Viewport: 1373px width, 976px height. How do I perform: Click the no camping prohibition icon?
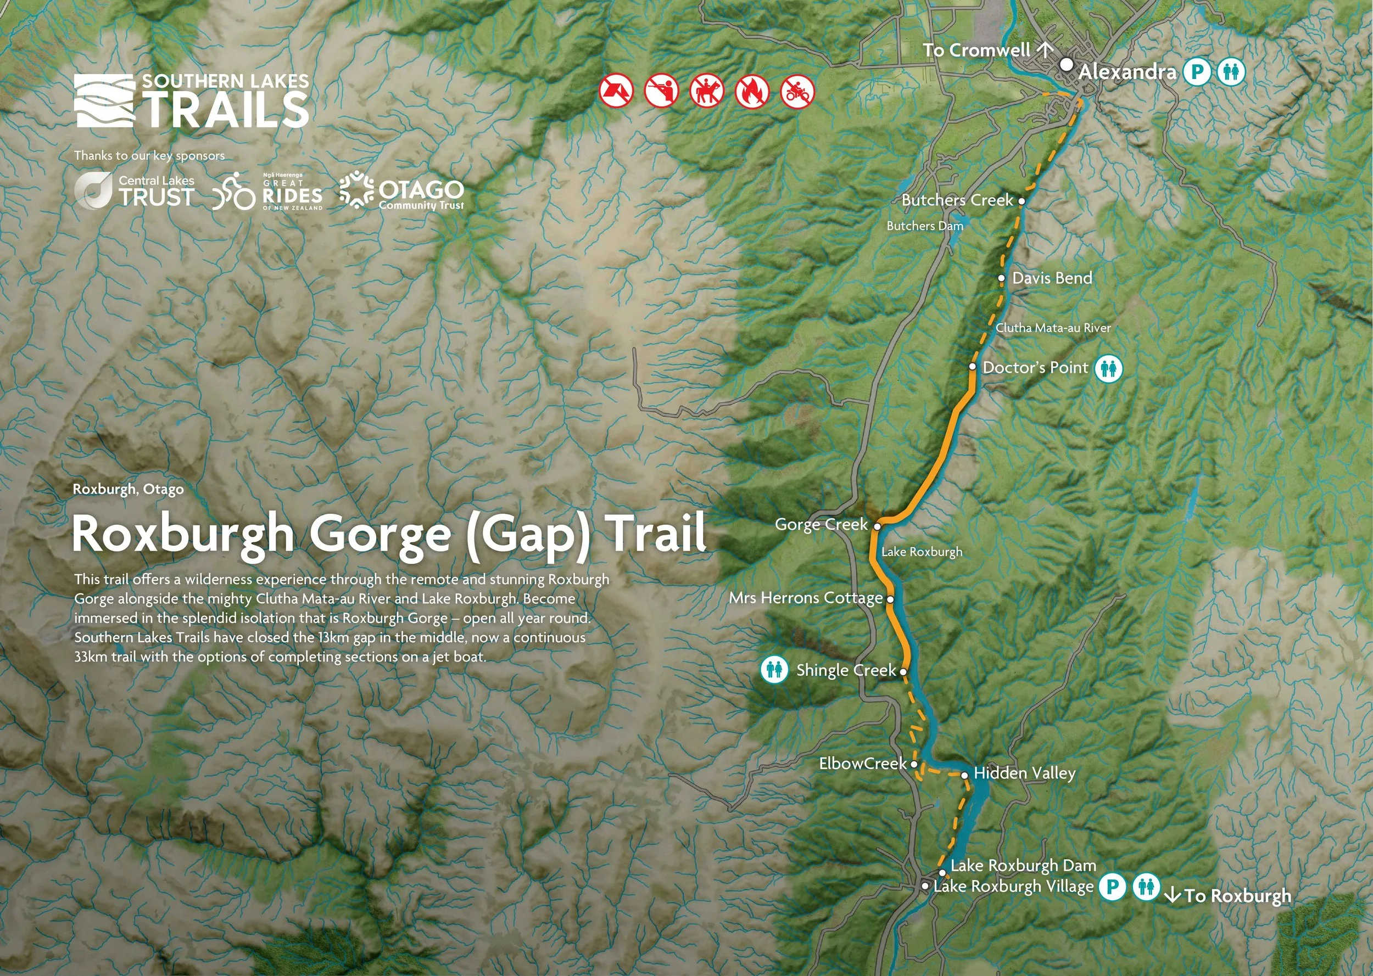(x=616, y=91)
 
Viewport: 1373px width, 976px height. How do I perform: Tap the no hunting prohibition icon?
(x=661, y=91)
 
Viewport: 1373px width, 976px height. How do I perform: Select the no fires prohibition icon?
(x=752, y=91)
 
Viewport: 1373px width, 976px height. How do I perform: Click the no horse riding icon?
(x=706, y=91)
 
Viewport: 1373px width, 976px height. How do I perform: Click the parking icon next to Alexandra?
(x=1196, y=72)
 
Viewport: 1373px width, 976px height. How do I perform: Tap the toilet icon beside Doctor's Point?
(x=1108, y=368)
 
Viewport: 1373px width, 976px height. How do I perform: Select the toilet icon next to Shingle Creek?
(x=774, y=669)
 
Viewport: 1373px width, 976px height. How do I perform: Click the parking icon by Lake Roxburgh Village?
(x=1112, y=887)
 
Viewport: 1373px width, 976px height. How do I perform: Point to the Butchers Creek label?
(x=957, y=200)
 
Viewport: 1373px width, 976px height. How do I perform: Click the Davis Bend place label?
(x=1052, y=278)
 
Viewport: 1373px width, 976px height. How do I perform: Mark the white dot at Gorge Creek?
(x=877, y=526)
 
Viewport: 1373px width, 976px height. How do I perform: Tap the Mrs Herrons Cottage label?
(x=806, y=598)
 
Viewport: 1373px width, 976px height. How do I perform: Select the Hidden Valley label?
(x=1024, y=773)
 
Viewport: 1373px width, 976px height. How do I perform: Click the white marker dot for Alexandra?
(x=1066, y=64)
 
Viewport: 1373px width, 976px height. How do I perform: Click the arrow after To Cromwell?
(x=1045, y=49)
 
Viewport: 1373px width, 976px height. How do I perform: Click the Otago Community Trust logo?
(x=401, y=191)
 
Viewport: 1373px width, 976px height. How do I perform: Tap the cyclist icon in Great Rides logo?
(x=234, y=191)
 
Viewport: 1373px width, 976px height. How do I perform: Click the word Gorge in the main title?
(x=380, y=534)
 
